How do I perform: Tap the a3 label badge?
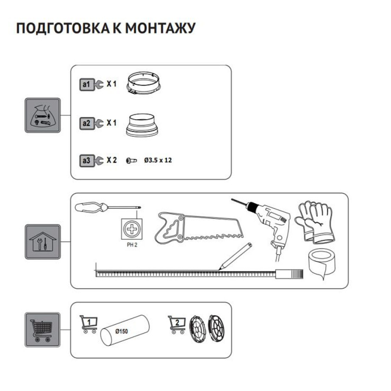point(86,160)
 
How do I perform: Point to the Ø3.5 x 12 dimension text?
point(158,160)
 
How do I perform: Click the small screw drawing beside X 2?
point(131,160)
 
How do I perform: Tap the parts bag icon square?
point(43,115)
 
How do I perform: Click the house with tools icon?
point(43,241)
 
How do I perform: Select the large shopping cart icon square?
point(43,329)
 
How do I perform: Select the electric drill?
point(270,223)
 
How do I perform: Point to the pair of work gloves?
point(315,221)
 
